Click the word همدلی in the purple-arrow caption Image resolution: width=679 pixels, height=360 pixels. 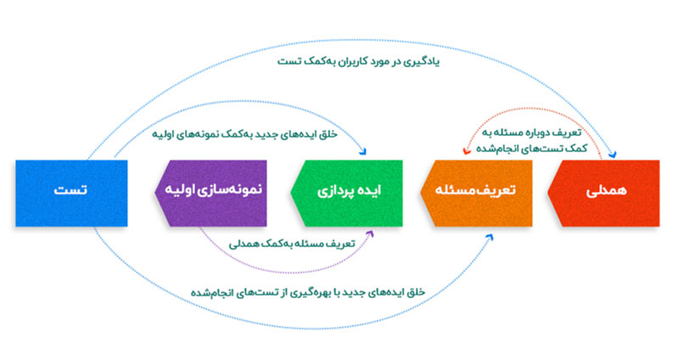247,244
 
